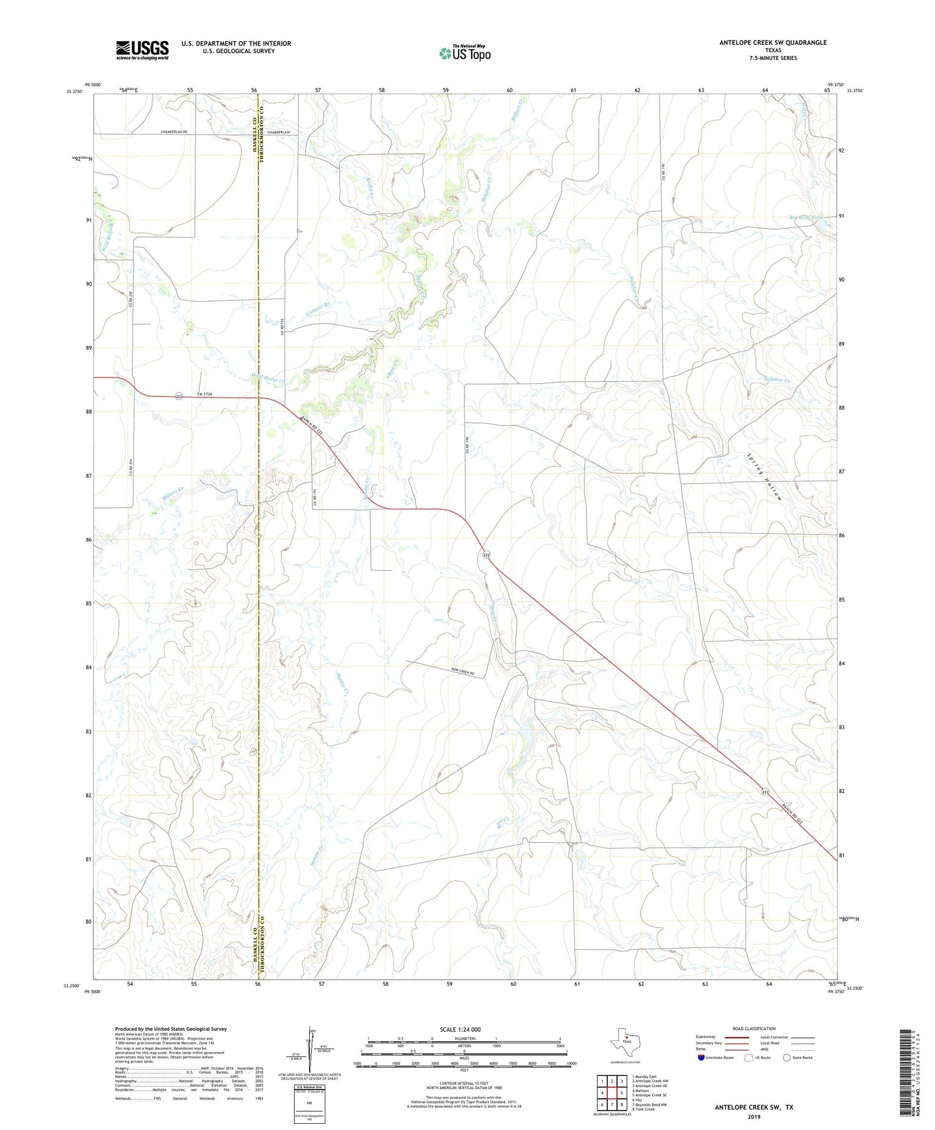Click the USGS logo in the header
(x=142, y=50)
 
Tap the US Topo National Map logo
(x=464, y=53)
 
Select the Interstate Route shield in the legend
(x=701, y=1057)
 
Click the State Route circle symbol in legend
(x=787, y=1057)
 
